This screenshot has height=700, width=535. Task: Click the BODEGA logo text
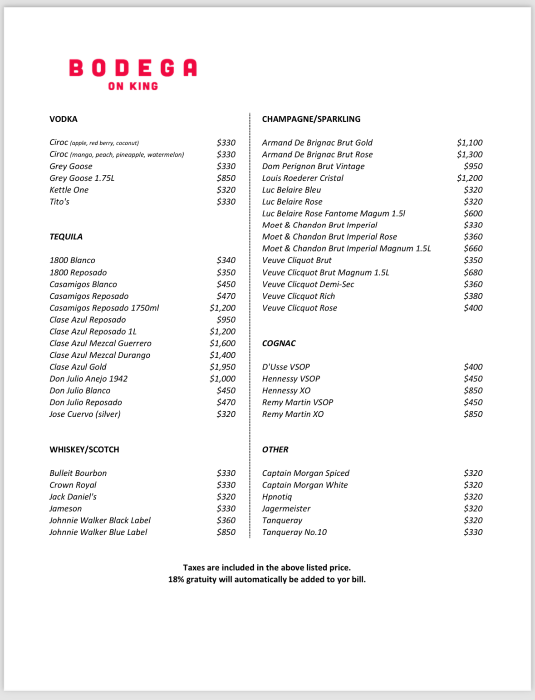[x=133, y=68]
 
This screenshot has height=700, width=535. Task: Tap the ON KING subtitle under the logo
[x=133, y=86]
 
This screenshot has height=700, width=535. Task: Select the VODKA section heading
[x=64, y=119]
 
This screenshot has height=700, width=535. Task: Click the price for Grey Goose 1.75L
[x=226, y=178]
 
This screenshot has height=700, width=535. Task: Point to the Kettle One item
[x=69, y=190]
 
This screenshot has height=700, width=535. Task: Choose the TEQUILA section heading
[x=66, y=237]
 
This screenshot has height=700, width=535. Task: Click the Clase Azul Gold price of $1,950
[x=222, y=367]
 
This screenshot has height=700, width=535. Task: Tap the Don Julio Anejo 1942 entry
[x=88, y=379]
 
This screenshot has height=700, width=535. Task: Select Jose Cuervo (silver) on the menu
[x=85, y=414]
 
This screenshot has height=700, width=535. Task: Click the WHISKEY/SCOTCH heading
[x=84, y=449]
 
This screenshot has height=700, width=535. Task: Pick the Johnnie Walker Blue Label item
[x=98, y=532]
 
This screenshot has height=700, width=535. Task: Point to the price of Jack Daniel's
[x=226, y=497]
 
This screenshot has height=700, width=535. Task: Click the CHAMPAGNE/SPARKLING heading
[x=311, y=119]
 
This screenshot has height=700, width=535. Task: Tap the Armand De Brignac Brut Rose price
[x=470, y=154]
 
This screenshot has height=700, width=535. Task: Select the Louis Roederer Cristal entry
[x=303, y=178]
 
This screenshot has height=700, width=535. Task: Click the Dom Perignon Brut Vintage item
[x=313, y=166]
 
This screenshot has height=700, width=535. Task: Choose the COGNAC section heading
[x=279, y=343]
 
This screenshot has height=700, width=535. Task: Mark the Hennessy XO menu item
[x=286, y=390]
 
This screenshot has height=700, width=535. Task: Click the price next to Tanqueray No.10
[x=473, y=532]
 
